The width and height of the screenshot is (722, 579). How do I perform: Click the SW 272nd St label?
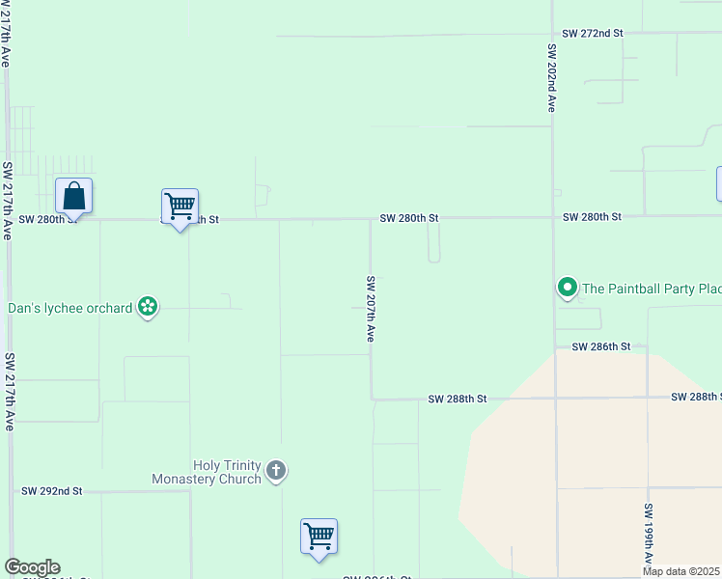pyautogui.click(x=593, y=33)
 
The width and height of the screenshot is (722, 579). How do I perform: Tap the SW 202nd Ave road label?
pyautogui.click(x=552, y=77)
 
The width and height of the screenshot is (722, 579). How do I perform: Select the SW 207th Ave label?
pyautogui.click(x=370, y=310)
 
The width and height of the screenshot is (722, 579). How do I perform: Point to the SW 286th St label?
pyautogui.click(x=600, y=345)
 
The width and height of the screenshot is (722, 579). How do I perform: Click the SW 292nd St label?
pyautogui.click(x=52, y=491)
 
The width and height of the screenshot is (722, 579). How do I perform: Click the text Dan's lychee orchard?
pyautogui.click(x=69, y=309)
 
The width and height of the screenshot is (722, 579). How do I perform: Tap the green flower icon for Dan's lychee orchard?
pyautogui.click(x=148, y=308)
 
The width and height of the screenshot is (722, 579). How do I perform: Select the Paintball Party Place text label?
pyautogui.click(x=652, y=288)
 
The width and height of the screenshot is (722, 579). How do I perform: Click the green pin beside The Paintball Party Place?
pyautogui.click(x=568, y=287)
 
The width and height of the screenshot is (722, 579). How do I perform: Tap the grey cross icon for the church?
pyautogui.click(x=276, y=471)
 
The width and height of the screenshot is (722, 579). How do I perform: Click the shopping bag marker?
pyautogui.click(x=74, y=197)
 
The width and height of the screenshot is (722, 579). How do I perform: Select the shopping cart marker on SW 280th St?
pyautogui.click(x=180, y=207)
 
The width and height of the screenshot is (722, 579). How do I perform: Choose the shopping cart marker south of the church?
pyautogui.click(x=319, y=537)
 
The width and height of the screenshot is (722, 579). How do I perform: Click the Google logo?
pyautogui.click(x=32, y=567)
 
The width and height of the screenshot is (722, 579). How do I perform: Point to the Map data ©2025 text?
pyautogui.click(x=681, y=571)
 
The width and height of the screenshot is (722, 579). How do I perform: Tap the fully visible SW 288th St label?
pyautogui.click(x=458, y=399)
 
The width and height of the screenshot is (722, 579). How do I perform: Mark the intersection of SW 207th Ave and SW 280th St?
pyautogui.click(x=371, y=219)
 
